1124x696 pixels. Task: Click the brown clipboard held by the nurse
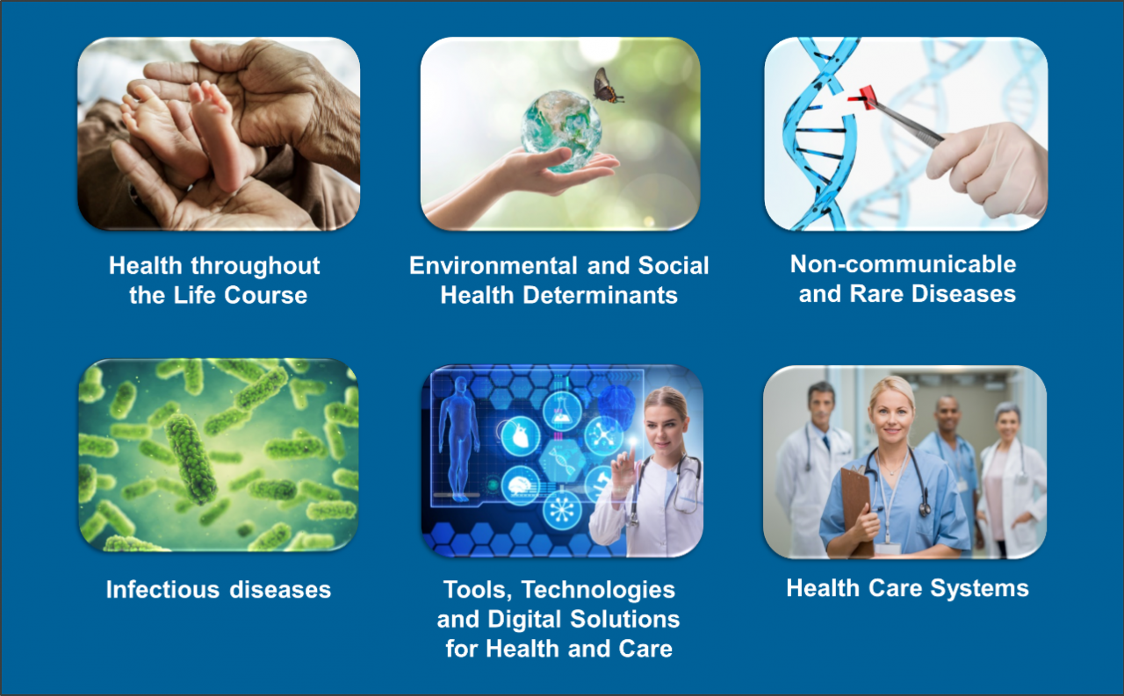[855, 510]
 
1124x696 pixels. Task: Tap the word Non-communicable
[904, 264]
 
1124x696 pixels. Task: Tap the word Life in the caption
[196, 295]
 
